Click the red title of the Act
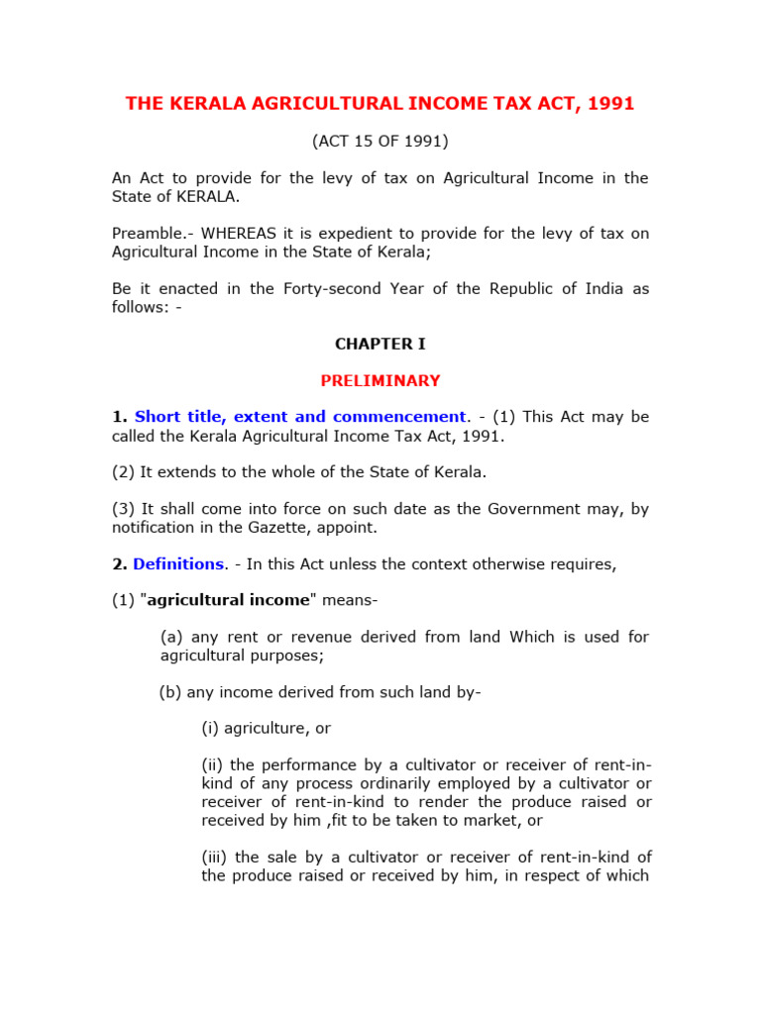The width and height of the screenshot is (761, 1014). point(380,104)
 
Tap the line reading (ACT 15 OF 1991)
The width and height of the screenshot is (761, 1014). point(380,142)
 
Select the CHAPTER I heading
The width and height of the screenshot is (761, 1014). point(380,344)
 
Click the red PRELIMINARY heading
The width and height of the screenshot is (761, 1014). point(380,380)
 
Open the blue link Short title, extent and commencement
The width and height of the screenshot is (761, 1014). point(300,417)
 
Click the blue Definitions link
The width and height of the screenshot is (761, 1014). point(178,563)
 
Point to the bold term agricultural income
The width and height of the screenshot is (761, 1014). point(242,600)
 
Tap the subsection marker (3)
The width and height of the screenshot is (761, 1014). point(123,509)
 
